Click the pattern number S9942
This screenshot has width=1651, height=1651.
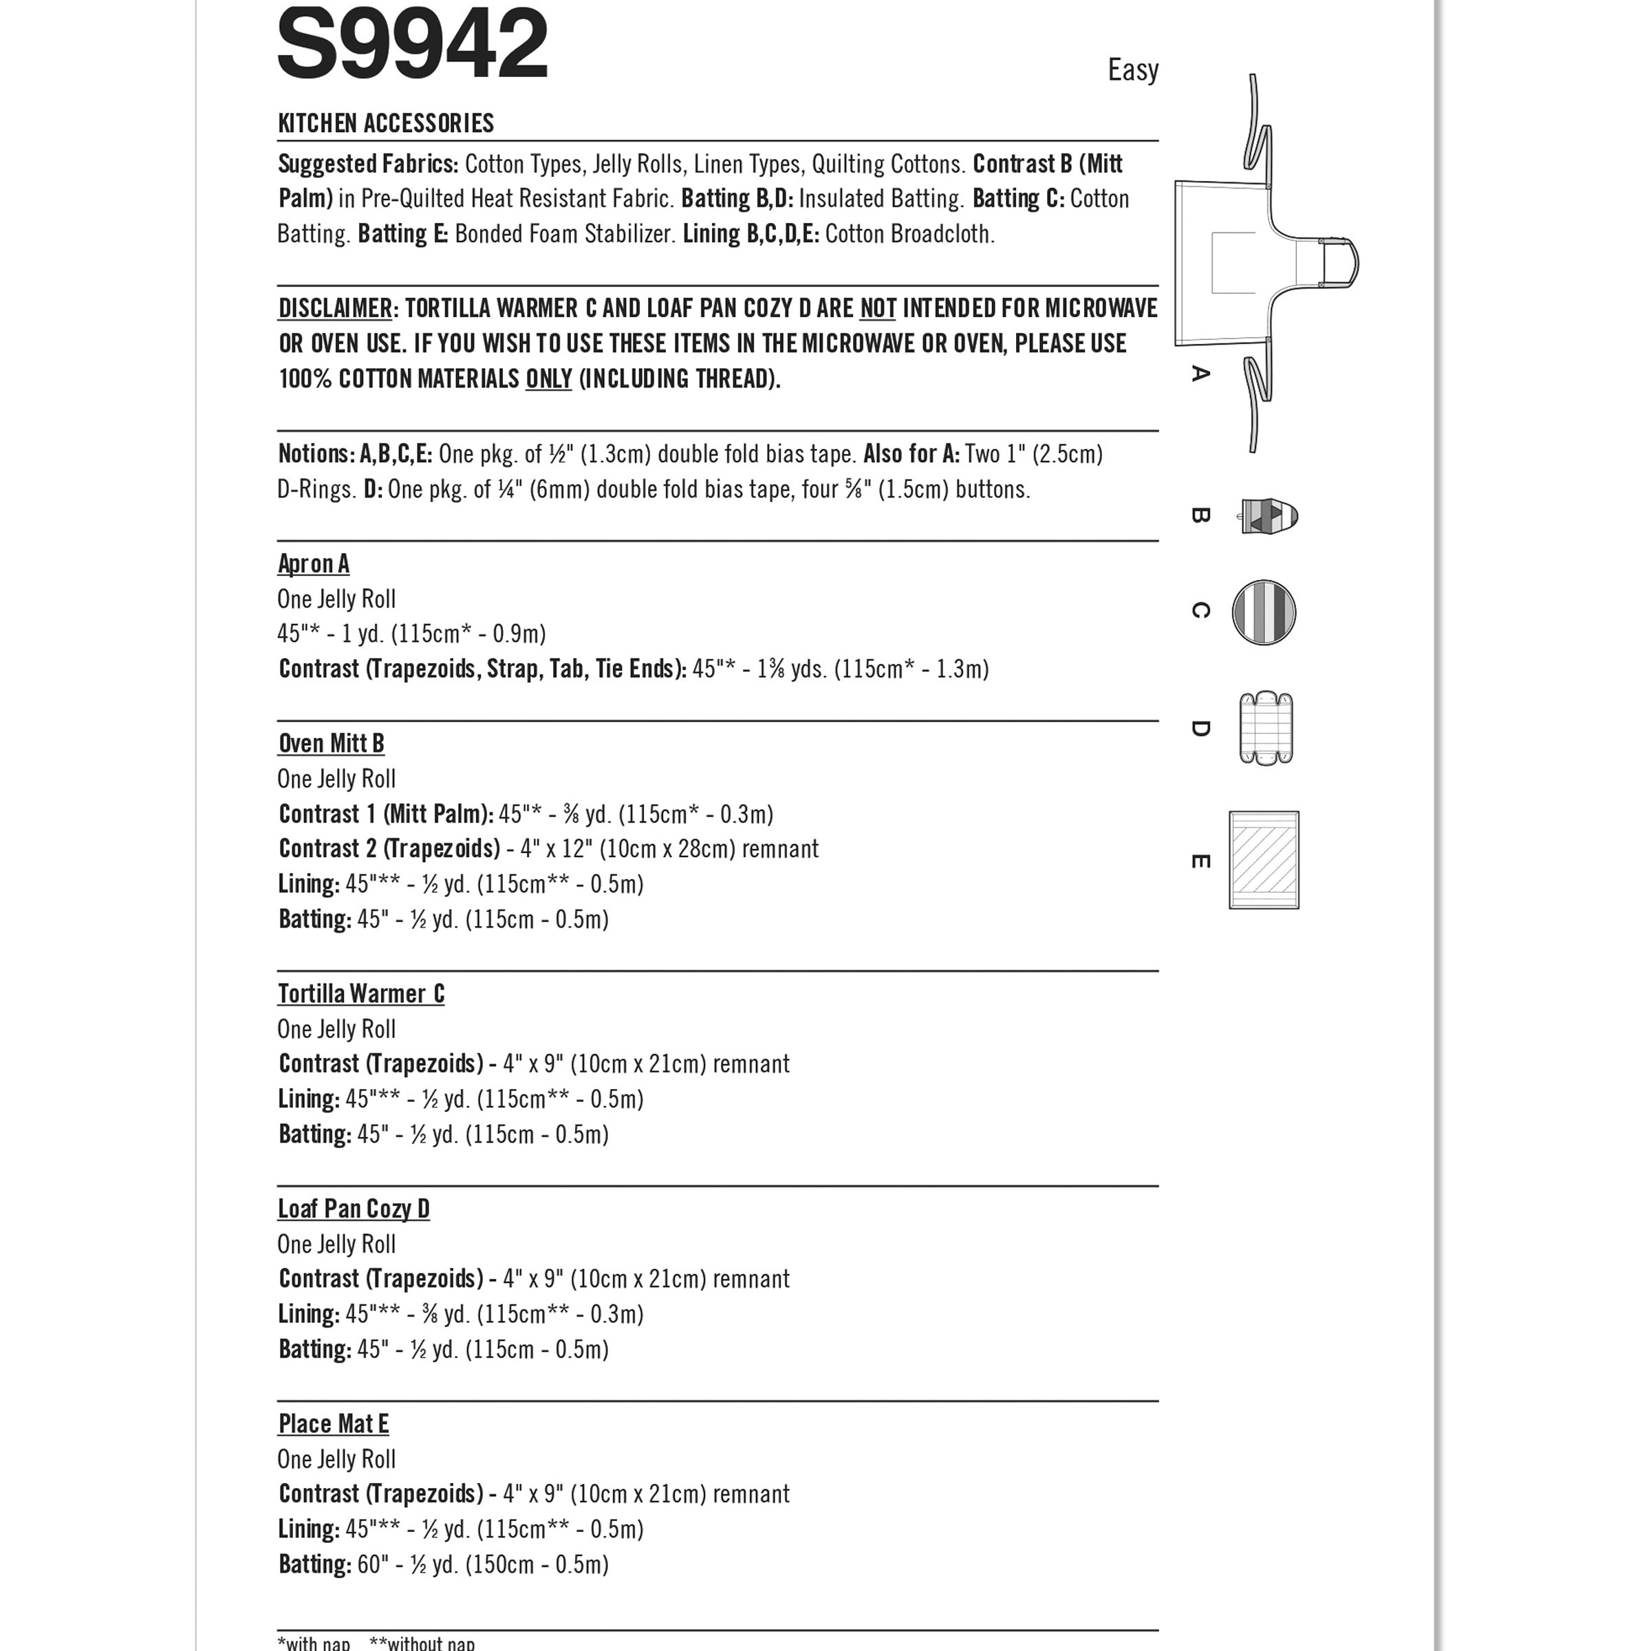pyautogui.click(x=412, y=45)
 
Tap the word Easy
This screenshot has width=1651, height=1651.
pyautogui.click(x=1132, y=70)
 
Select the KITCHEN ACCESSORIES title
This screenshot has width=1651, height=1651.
pyautogui.click(x=385, y=124)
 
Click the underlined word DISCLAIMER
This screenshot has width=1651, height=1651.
pyautogui.click(x=335, y=308)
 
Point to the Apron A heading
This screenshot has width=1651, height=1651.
pyautogui.click(x=314, y=564)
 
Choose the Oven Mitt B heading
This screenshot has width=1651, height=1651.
pyautogui.click(x=331, y=744)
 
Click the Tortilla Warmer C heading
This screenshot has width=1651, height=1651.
pyautogui.click(x=360, y=994)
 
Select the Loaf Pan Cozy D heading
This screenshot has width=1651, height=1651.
pyautogui.click(x=353, y=1209)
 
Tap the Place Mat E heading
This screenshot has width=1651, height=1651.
pyautogui.click(x=333, y=1425)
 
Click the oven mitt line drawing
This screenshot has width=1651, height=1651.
pyautogui.click(x=1269, y=516)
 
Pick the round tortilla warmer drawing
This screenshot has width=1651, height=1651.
pyautogui.click(x=1264, y=613)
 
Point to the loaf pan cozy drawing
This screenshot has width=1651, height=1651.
pyautogui.click(x=1266, y=728)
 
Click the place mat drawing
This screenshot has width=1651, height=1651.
pyautogui.click(x=1264, y=860)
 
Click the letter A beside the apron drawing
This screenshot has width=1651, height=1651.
pyautogui.click(x=1200, y=374)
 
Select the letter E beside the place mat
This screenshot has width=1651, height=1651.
pyautogui.click(x=1200, y=861)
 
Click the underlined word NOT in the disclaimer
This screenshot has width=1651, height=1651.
pyautogui.click(x=878, y=308)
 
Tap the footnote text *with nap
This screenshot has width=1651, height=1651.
pyautogui.click(x=314, y=1643)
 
